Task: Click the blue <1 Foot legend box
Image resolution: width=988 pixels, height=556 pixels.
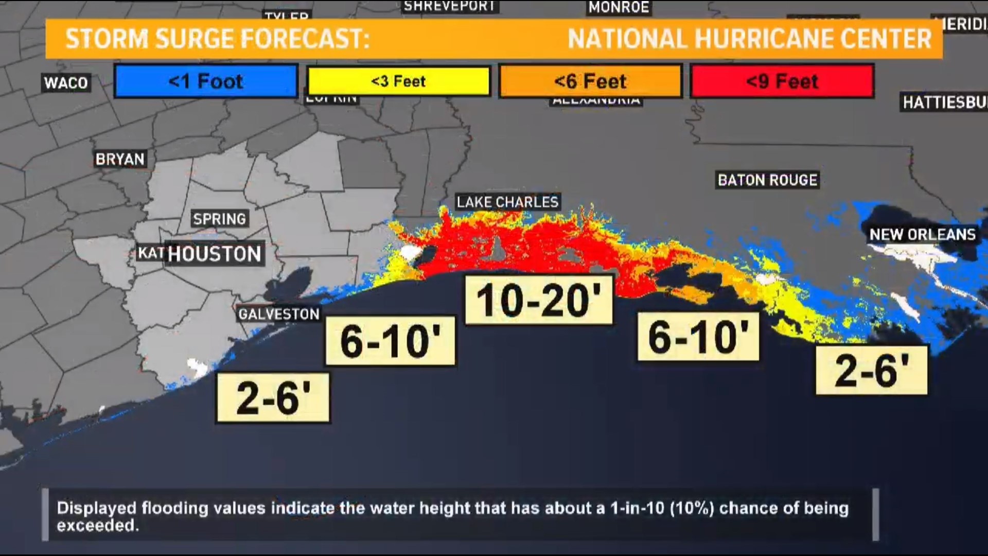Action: [206, 81]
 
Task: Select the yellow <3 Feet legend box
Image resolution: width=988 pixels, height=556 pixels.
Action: [398, 81]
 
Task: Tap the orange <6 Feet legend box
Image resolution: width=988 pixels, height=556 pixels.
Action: [590, 81]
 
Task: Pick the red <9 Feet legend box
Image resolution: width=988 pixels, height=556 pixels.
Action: [782, 81]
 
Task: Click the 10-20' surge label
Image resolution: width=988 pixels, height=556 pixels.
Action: [539, 300]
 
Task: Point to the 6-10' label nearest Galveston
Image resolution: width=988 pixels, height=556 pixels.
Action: [390, 341]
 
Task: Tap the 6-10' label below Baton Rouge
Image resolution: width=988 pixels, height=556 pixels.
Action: [698, 337]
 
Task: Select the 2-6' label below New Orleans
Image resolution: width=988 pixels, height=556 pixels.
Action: [872, 370]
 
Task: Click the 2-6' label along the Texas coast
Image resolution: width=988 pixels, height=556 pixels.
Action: [273, 398]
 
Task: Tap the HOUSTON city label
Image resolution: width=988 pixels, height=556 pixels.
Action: [215, 254]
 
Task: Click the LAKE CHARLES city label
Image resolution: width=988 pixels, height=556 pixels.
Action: [507, 202]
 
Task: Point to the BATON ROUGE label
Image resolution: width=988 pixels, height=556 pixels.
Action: [767, 180]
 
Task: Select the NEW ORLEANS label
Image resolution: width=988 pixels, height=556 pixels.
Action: [922, 235]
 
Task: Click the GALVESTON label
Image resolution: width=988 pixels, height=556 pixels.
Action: [279, 314]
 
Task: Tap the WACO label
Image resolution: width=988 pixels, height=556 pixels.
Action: [66, 83]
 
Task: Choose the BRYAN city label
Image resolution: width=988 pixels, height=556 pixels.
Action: [120, 159]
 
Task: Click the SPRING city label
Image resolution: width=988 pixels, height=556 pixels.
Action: [219, 219]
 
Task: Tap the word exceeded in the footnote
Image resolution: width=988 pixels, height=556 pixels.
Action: [97, 526]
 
